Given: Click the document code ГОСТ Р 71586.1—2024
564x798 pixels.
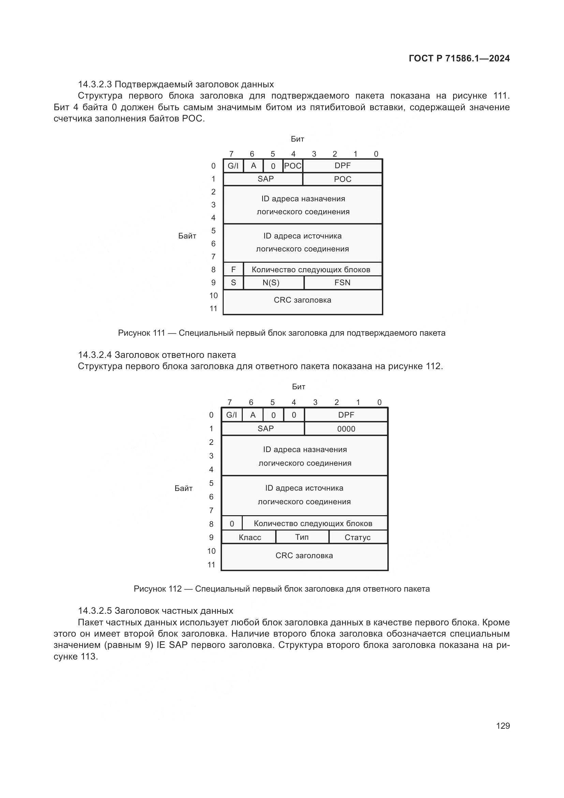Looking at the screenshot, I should click(459, 58).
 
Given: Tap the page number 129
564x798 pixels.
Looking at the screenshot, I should click(503, 725).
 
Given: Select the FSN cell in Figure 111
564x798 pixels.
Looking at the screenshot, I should click(342, 282).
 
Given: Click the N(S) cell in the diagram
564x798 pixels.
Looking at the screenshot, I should click(271, 282).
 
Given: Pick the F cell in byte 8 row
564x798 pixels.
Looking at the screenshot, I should click(233, 270).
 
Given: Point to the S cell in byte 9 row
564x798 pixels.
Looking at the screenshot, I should click(233, 282).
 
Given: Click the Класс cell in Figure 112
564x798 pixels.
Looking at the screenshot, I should click(250, 537).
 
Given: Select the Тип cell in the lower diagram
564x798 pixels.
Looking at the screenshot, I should click(302, 537).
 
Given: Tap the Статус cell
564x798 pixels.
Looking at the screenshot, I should click(357, 537).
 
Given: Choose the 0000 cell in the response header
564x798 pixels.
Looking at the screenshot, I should click(346, 429).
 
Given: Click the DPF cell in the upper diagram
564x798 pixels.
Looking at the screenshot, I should click(342, 166).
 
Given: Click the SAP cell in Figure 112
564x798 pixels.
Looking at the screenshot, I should click(266, 429).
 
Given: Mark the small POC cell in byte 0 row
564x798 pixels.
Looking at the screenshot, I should click(293, 166).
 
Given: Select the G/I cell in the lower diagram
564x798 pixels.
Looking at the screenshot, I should click(232, 415).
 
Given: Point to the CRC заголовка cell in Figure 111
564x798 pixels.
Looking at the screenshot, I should click(302, 300).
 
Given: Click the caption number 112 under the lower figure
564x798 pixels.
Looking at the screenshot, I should click(175, 589).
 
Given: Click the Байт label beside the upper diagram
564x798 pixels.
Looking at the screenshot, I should click(187, 236).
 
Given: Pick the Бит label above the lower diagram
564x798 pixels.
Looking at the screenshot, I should click(299, 387).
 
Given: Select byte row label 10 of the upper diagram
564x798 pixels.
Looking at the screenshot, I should click(213, 295).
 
